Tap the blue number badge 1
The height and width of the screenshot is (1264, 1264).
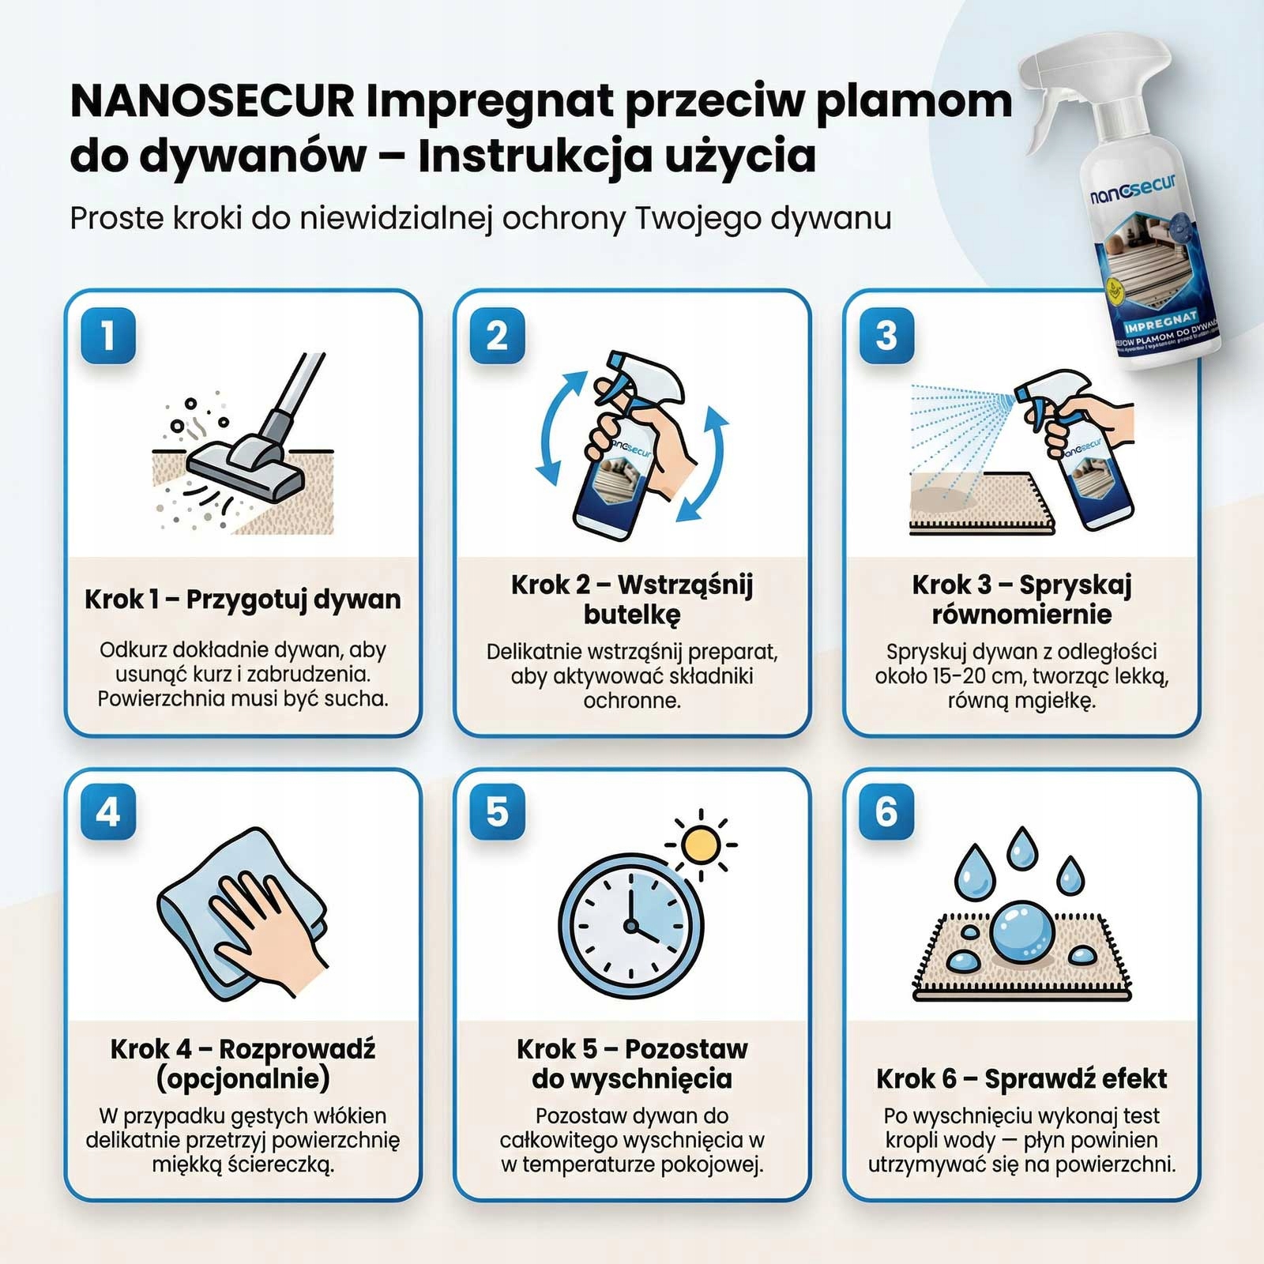pyautogui.click(x=108, y=336)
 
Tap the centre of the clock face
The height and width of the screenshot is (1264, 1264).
pyautogui.click(x=630, y=925)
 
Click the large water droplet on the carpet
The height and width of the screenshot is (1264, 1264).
pyautogui.click(x=1021, y=932)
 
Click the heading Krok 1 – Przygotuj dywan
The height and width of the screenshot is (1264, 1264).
pyautogui.click(x=243, y=599)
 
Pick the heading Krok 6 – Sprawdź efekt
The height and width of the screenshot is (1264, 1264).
pyautogui.click(x=1021, y=1078)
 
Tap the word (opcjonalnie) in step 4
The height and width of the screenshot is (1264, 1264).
pyautogui.click(x=243, y=1078)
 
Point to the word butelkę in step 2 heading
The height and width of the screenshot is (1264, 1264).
pyautogui.click(x=631, y=614)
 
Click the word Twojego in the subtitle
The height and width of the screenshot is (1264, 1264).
pyautogui.click(x=698, y=218)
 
